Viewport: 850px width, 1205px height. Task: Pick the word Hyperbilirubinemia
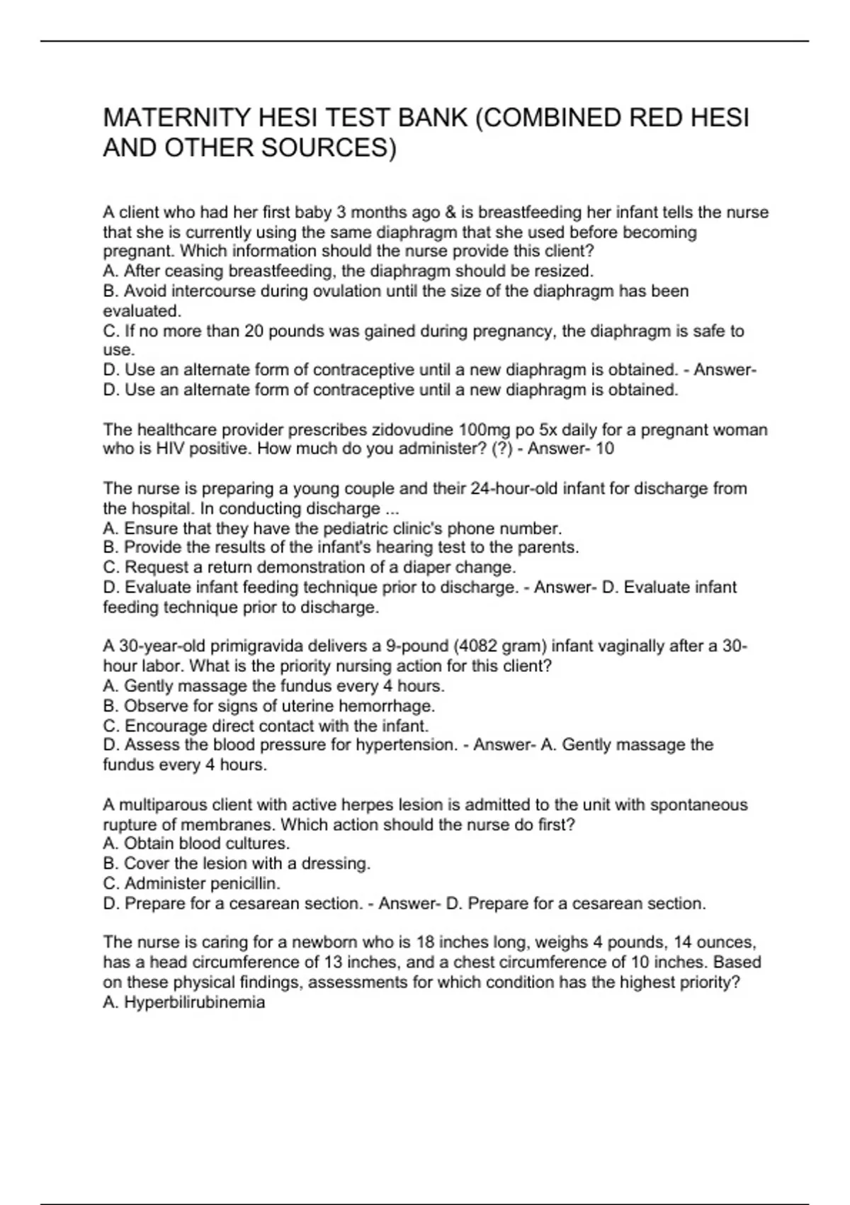(194, 1002)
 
